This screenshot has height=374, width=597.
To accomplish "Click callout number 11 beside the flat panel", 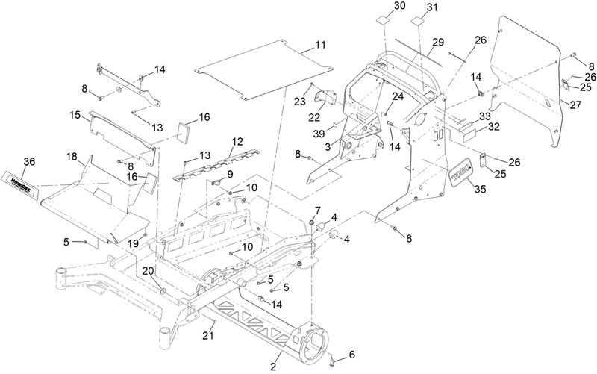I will tap(319, 46).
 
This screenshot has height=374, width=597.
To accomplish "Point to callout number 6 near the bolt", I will tap(353, 355).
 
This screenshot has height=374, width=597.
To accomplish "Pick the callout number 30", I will tap(379, 6).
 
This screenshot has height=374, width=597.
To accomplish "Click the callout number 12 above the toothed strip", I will tap(237, 141).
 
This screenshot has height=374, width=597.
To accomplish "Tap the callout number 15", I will tap(75, 116).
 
